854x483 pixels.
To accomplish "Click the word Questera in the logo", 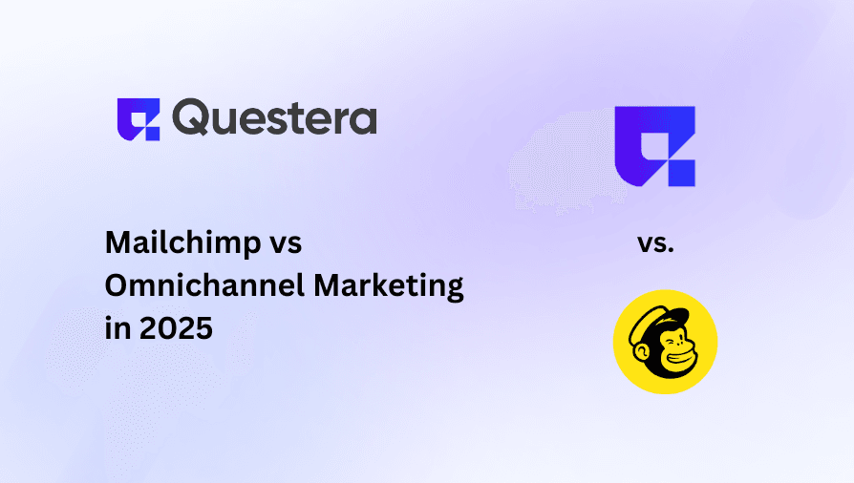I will coord(275,118).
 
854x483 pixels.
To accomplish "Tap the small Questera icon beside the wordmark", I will coord(138,119).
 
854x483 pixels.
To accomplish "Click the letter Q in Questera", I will coord(195,119).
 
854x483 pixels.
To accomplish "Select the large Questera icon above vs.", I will coord(654,145).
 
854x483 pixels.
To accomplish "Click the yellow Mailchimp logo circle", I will coord(665,342).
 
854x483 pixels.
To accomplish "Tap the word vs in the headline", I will coord(284,244).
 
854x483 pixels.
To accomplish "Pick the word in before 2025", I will coord(115,328).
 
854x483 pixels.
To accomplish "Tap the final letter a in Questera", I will coord(362,120).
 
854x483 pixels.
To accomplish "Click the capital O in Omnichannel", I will coord(117,286).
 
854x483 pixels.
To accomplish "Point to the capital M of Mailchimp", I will coord(117,243).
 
